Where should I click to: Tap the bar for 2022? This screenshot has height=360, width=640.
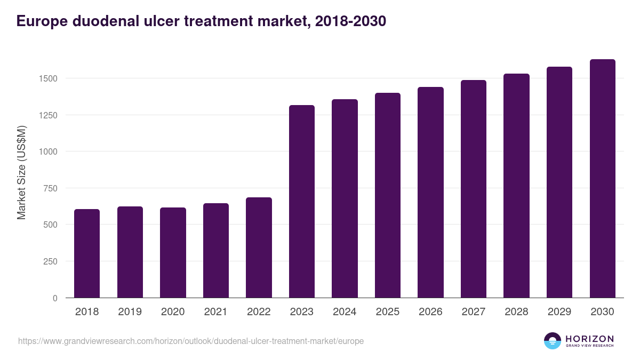tap(259, 247)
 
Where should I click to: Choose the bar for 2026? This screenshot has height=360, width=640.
tap(430, 193)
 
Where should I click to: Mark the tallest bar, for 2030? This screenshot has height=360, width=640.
tap(602, 179)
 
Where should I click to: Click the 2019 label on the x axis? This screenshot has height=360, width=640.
tap(130, 312)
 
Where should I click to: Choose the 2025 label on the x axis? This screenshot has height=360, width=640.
tap(387, 312)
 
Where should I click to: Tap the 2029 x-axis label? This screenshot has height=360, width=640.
tap(559, 312)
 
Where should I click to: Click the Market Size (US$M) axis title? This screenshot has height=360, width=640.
tap(21, 172)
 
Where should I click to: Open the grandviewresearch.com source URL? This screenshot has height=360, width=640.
tap(191, 341)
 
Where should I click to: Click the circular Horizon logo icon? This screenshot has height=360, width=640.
tap(552, 341)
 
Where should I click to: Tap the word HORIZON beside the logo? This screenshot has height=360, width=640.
tap(589, 339)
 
